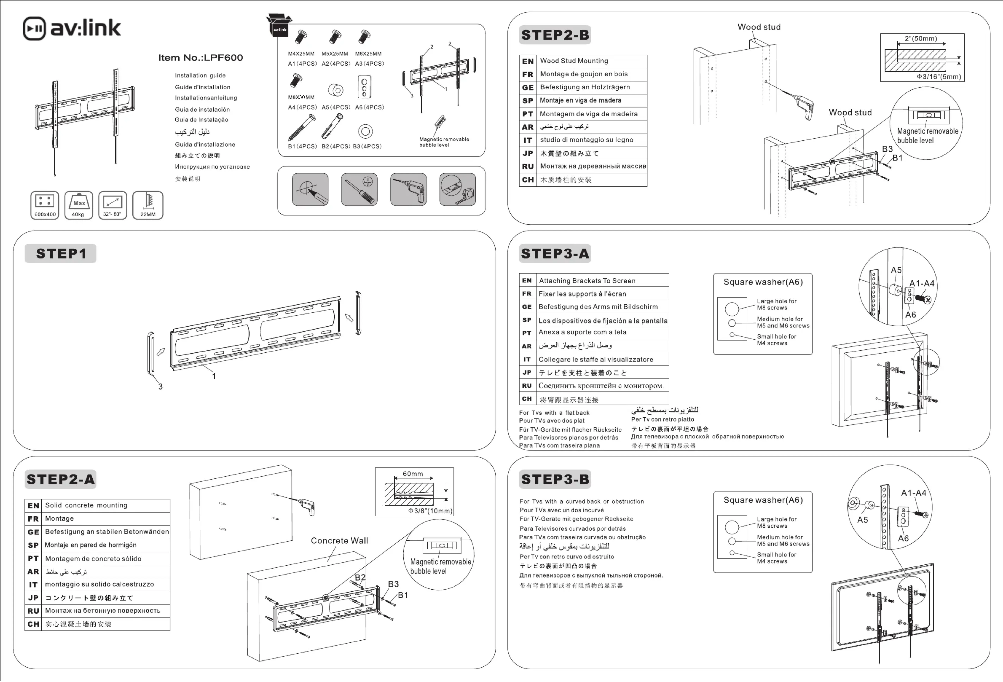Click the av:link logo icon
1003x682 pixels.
pyautogui.click(x=34, y=29)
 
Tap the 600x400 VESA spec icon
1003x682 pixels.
pyautogui.click(x=45, y=205)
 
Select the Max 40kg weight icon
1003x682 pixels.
pyautogui.click(x=78, y=205)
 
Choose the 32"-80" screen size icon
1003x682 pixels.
pyautogui.click(x=113, y=205)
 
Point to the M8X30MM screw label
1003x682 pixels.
pyautogui.click(x=301, y=97)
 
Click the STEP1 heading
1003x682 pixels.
pyautogui.click(x=61, y=253)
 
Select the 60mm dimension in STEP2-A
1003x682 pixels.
pyautogui.click(x=413, y=474)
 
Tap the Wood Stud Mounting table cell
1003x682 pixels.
pyautogui.click(x=574, y=61)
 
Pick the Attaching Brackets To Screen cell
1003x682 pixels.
pyautogui.click(x=587, y=281)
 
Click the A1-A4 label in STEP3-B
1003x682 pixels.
pyautogui.click(x=914, y=493)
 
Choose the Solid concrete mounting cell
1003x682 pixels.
pyautogui.click(x=86, y=505)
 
